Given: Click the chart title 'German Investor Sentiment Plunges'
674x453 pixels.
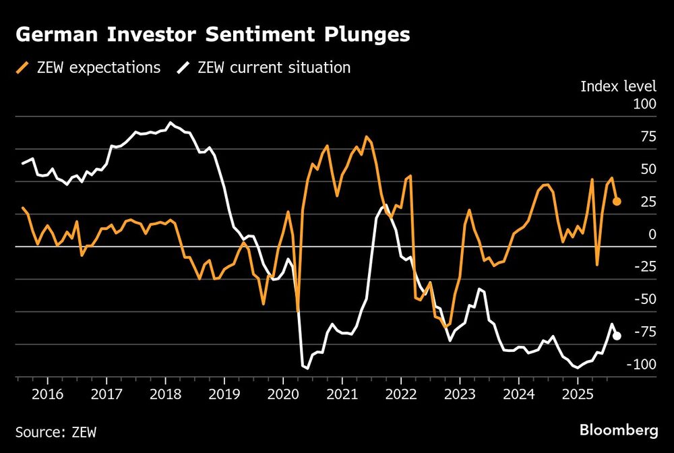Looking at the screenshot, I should (x=212, y=35).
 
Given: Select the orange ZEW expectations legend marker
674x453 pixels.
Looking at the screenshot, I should (x=24, y=67).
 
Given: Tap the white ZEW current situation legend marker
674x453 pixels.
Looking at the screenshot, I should (x=183, y=67).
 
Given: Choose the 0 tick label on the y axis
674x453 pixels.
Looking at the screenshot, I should (x=652, y=235).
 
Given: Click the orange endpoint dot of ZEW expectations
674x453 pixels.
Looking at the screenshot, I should (x=617, y=201).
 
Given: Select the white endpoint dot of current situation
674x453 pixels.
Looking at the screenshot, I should (x=617, y=336).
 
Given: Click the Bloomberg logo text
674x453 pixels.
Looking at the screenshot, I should (x=618, y=429).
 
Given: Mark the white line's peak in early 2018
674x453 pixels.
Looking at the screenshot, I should (x=170, y=123).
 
